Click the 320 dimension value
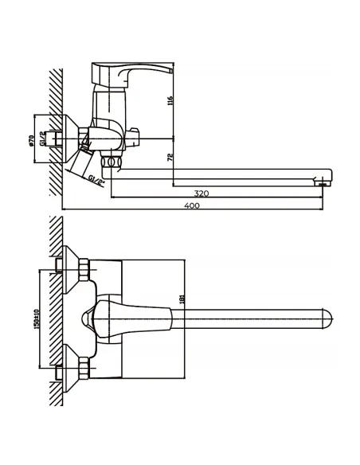[202, 193]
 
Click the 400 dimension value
[192, 205]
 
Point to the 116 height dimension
[170, 101]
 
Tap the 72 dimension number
[170, 157]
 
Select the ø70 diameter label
[31, 140]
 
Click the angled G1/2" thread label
[96, 181]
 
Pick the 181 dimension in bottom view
[182, 299]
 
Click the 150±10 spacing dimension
[37, 319]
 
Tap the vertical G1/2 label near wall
[42, 139]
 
